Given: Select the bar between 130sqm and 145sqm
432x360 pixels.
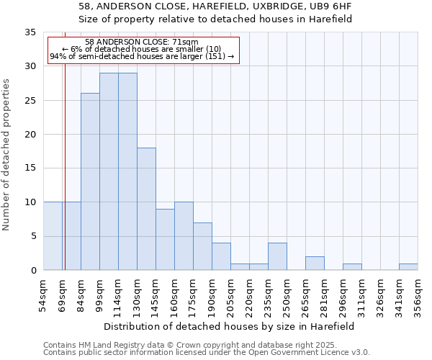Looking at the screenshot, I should point(146,209).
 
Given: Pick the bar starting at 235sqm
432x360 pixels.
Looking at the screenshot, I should point(277,256).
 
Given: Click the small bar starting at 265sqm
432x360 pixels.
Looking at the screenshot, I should point(315,264).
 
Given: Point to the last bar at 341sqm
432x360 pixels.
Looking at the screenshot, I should point(408,267).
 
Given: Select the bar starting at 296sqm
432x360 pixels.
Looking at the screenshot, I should point(352,267).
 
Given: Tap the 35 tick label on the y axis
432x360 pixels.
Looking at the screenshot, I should point(30,32).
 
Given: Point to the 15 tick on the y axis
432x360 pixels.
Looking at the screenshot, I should point(30,168).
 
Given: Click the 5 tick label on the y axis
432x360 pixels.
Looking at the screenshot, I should point(32,236).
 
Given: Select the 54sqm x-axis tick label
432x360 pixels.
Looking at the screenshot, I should point(44,294).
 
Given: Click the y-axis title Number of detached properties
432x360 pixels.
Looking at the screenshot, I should point(6,155).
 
